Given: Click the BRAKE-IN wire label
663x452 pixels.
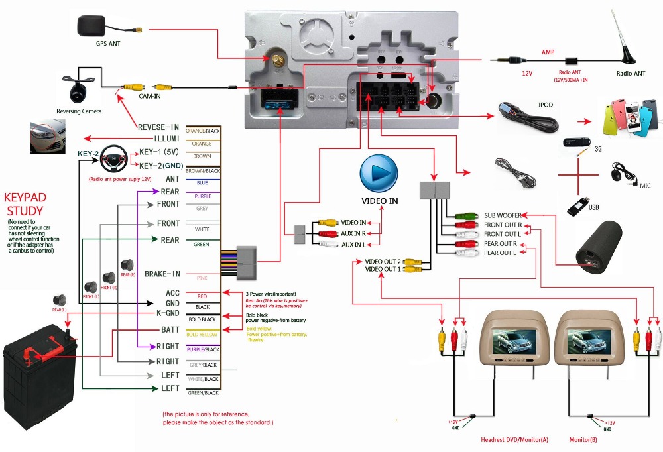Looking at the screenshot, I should coord(162,274).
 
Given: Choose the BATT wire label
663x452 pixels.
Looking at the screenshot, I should coord(170,329).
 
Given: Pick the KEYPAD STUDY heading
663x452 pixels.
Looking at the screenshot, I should coord(24,205).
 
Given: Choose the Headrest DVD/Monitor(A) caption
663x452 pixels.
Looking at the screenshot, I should coord(514,439).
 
